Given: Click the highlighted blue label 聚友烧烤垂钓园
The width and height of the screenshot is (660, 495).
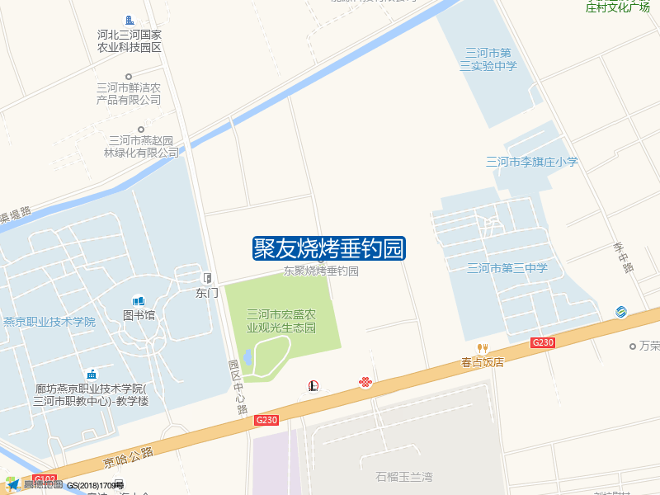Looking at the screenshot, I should click(x=328, y=248).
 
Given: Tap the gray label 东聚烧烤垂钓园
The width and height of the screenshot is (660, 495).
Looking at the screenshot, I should click(x=321, y=271).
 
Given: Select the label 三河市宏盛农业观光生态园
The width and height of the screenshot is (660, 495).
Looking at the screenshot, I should click(x=281, y=321).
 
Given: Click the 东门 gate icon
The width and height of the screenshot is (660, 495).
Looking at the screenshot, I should click(x=207, y=278).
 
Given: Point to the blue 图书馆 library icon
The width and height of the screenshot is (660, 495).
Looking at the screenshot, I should click(x=139, y=301).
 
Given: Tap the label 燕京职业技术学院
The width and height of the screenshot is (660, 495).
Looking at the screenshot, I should click(x=49, y=322).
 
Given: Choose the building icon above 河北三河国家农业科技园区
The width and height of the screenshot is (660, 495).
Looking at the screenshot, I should click(x=129, y=20).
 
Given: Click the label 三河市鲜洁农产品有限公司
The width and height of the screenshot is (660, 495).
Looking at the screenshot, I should click(x=129, y=93).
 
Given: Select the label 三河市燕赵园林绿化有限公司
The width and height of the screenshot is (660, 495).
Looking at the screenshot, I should click(x=141, y=146).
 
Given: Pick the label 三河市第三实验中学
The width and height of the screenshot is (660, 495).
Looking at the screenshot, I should click(x=488, y=59).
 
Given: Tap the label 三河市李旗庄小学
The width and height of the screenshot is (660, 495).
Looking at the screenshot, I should click(x=531, y=162).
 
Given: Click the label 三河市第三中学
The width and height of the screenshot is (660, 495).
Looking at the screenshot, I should click(x=507, y=268).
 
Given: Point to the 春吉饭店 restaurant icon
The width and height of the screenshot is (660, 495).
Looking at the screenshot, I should click(x=483, y=348).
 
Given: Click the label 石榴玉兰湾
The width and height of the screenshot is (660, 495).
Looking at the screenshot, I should click(x=404, y=477).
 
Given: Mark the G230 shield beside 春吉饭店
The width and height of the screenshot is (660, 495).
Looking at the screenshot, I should click(x=542, y=342).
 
